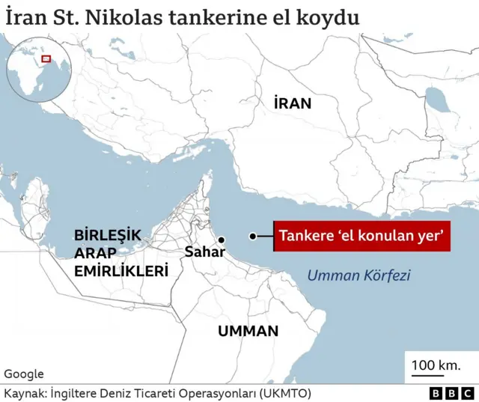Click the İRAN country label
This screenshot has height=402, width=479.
[x=291, y=103]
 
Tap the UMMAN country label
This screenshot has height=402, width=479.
[x=248, y=330]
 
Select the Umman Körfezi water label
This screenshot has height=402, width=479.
[x=359, y=275]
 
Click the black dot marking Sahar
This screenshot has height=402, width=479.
[x=222, y=240]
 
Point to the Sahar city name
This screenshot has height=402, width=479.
[x=204, y=252]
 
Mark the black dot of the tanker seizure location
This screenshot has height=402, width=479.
[x=254, y=237]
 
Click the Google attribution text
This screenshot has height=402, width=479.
[x=24, y=374]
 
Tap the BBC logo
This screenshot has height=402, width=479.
[x=452, y=393]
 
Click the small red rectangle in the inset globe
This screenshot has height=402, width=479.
[x=46, y=58]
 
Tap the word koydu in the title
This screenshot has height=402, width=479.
[x=332, y=16]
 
